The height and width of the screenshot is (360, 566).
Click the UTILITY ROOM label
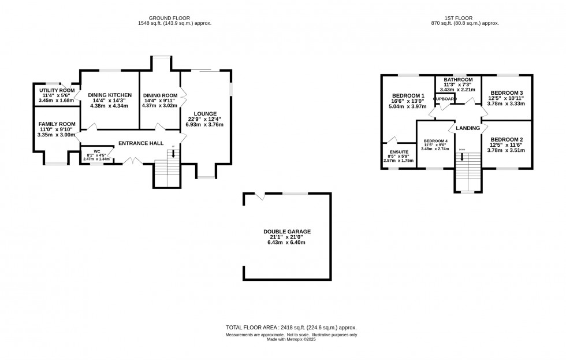(57, 91)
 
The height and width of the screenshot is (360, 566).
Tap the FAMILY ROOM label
(57, 124)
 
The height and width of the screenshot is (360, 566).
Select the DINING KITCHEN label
(110, 95)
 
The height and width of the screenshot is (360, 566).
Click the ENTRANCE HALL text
(140, 143)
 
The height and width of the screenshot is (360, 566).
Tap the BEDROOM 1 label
(408, 96)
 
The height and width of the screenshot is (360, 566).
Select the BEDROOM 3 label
(507, 93)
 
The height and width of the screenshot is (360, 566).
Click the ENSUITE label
(399, 151)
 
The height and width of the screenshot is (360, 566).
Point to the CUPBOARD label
(445, 99)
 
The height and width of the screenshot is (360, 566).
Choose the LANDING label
(468, 128)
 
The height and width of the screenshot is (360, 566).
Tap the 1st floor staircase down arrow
(461, 157)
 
